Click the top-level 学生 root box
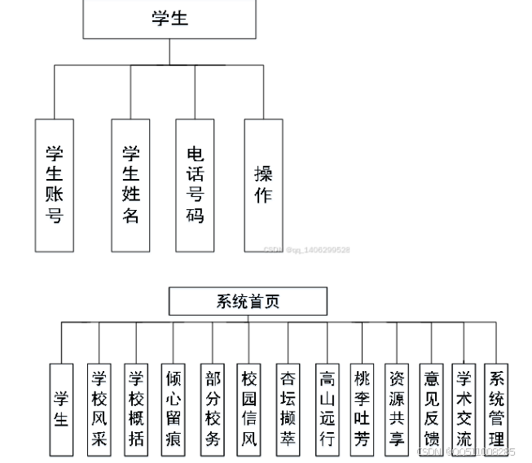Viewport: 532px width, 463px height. point(169,19)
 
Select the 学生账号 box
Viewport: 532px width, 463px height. point(55,185)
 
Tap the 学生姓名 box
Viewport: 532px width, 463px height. point(131,185)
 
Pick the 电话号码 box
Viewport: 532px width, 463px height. point(195,185)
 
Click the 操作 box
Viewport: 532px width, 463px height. point(263,185)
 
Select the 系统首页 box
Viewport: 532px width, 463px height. point(248,301)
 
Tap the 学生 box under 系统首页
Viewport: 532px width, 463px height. point(61,408)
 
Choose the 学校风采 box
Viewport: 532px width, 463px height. point(99,408)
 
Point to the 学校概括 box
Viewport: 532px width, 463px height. point(136,408)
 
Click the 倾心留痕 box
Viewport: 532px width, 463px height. point(174,408)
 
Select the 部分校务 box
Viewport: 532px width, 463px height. point(212,408)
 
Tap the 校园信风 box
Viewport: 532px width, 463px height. point(249,408)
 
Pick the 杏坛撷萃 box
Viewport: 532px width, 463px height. point(288,408)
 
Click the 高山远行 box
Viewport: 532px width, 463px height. point(327,408)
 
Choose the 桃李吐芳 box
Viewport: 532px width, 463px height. point(362,408)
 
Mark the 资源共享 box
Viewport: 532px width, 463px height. point(397,408)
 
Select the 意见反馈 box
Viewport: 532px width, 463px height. point(431,408)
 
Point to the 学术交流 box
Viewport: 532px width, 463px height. point(464,408)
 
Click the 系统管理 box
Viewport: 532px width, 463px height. point(495,408)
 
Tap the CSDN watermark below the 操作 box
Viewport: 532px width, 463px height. point(306,250)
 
